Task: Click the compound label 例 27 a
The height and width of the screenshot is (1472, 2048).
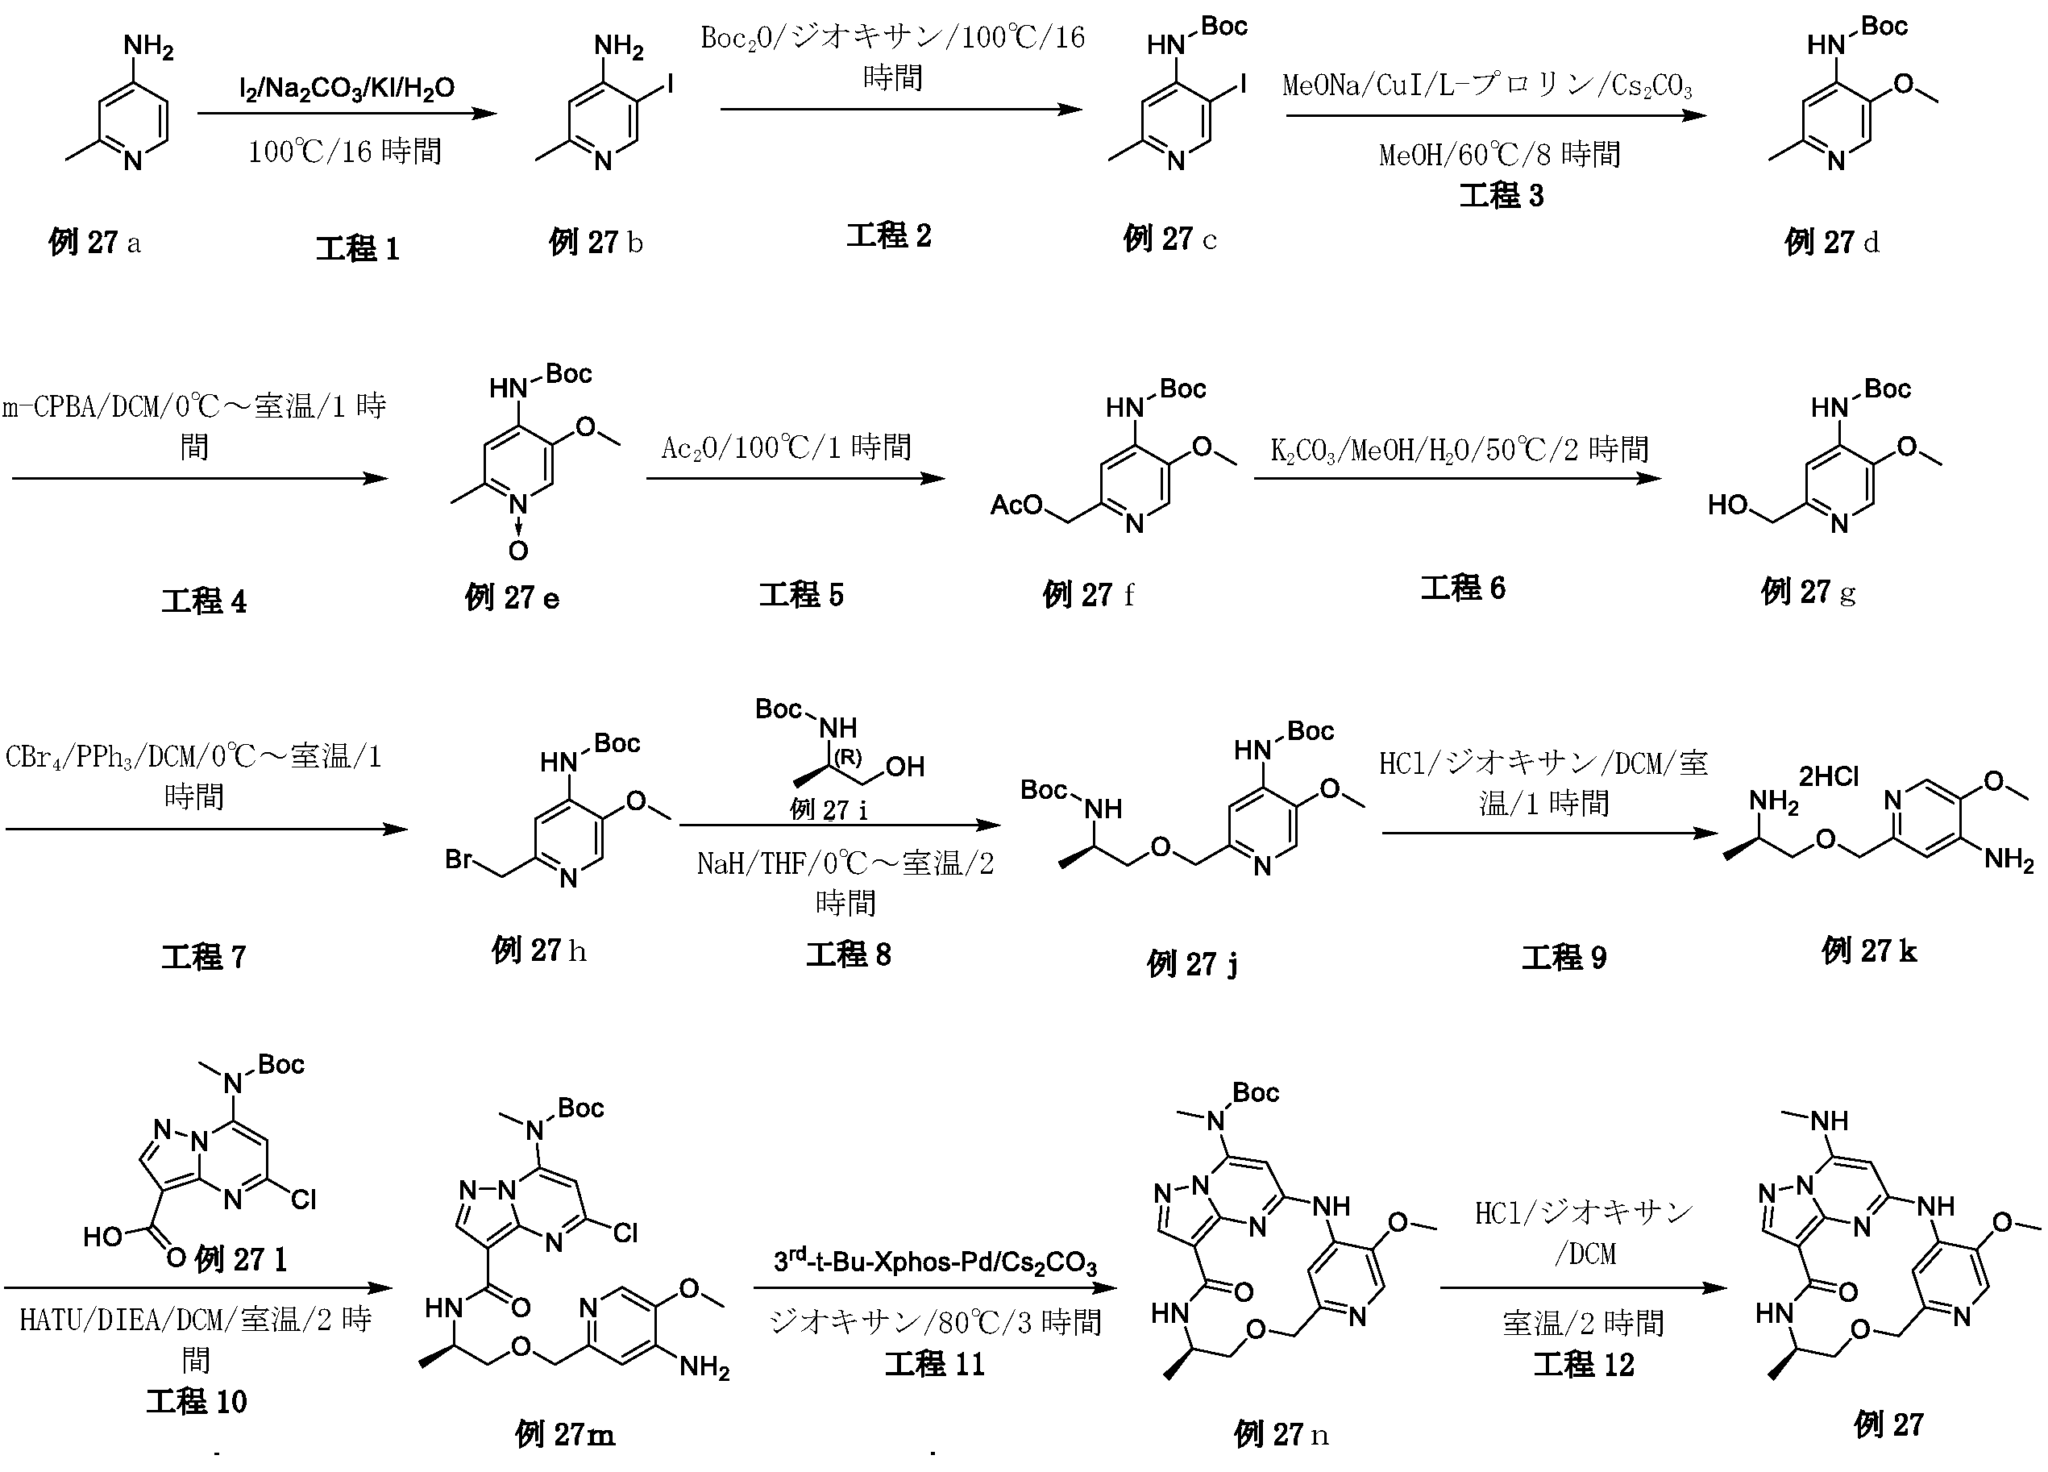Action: [95, 242]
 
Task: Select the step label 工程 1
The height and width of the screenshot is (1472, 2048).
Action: [358, 248]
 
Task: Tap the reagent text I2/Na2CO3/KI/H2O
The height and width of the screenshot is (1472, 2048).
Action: [347, 89]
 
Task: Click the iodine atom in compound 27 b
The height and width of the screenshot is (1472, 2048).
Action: [669, 85]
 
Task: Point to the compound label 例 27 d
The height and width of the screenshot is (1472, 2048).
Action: [1831, 242]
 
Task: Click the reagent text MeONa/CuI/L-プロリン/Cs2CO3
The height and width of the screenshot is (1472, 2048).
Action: [1487, 87]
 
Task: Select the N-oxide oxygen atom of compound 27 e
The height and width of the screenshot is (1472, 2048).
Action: [517, 551]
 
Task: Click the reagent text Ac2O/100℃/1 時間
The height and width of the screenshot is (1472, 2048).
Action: [786, 448]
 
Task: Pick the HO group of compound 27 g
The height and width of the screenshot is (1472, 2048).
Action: [1728, 505]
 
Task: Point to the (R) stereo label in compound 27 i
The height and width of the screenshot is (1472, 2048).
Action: [847, 757]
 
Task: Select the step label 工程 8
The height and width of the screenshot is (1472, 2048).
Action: [848, 954]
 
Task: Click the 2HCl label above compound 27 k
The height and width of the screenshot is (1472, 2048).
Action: [1830, 776]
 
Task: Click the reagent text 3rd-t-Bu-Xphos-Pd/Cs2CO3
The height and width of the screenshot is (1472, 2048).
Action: [935, 1262]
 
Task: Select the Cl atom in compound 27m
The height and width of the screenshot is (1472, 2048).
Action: [625, 1233]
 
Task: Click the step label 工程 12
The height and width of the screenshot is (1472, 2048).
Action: [1584, 1365]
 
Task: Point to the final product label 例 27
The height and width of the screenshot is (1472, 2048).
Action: [1888, 1425]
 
